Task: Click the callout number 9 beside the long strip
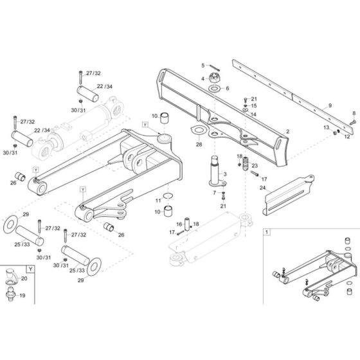click(x=330, y=105)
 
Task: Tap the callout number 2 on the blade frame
click(x=287, y=131)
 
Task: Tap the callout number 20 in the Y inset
click(x=24, y=278)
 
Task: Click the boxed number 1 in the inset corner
click(x=267, y=230)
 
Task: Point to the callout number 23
click(x=254, y=165)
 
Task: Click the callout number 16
click(x=179, y=224)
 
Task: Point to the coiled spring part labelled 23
click(x=244, y=166)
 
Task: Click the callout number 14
click(x=253, y=114)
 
